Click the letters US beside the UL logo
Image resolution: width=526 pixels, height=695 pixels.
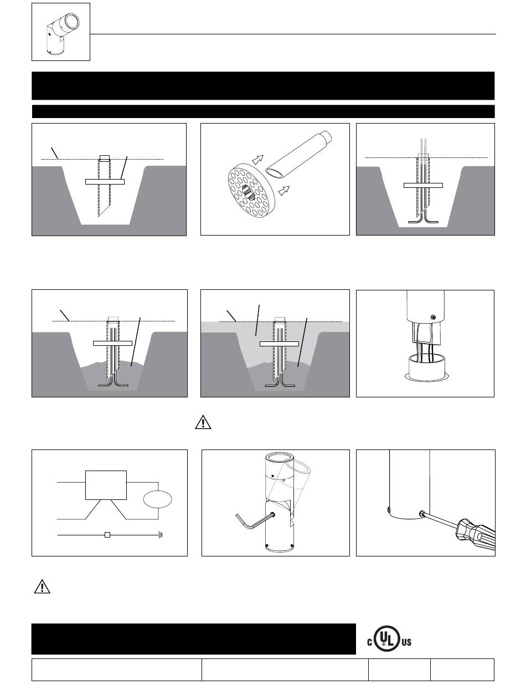click(x=407, y=643)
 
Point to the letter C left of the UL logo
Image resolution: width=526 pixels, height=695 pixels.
click(x=369, y=643)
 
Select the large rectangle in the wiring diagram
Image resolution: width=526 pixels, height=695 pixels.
click(x=106, y=485)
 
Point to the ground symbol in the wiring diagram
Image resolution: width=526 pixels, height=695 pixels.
click(x=159, y=535)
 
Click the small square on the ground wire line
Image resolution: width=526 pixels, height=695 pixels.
click(x=108, y=535)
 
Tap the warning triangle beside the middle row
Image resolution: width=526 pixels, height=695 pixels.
click(x=204, y=422)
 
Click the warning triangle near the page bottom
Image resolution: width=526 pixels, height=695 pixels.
click(x=42, y=586)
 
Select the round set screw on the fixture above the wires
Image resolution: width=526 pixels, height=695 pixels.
click(x=434, y=317)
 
